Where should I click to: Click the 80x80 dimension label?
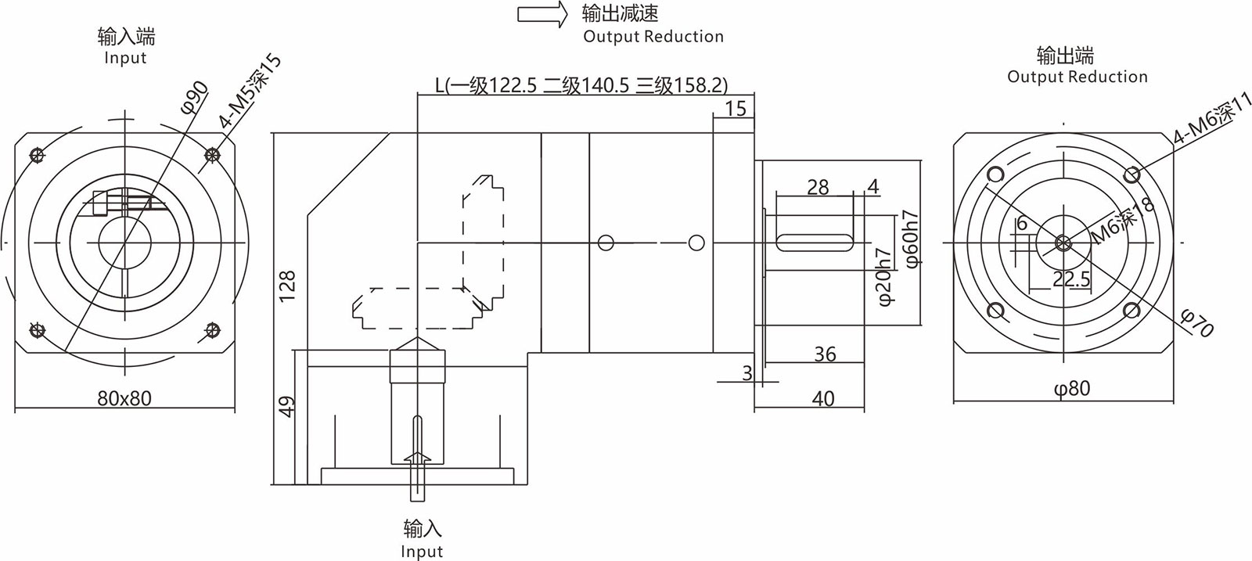[x=124, y=398]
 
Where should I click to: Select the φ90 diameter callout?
[x=195, y=97]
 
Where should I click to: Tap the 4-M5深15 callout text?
[x=250, y=92]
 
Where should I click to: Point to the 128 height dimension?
[x=287, y=286]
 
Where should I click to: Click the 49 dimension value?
[x=287, y=406]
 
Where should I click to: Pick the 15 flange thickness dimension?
[x=736, y=108]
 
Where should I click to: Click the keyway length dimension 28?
[x=818, y=187]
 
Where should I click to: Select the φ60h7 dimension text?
[x=912, y=239]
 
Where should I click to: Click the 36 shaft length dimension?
[x=825, y=354]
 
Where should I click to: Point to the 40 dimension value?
[x=823, y=398]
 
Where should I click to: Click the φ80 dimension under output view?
[x=1071, y=388]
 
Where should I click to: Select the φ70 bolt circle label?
[x=1196, y=322]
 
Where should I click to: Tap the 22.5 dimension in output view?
[x=1071, y=279]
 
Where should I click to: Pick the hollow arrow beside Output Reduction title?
[x=541, y=15]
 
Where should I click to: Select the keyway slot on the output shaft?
[x=815, y=243]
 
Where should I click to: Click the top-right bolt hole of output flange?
[x=1131, y=174]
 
